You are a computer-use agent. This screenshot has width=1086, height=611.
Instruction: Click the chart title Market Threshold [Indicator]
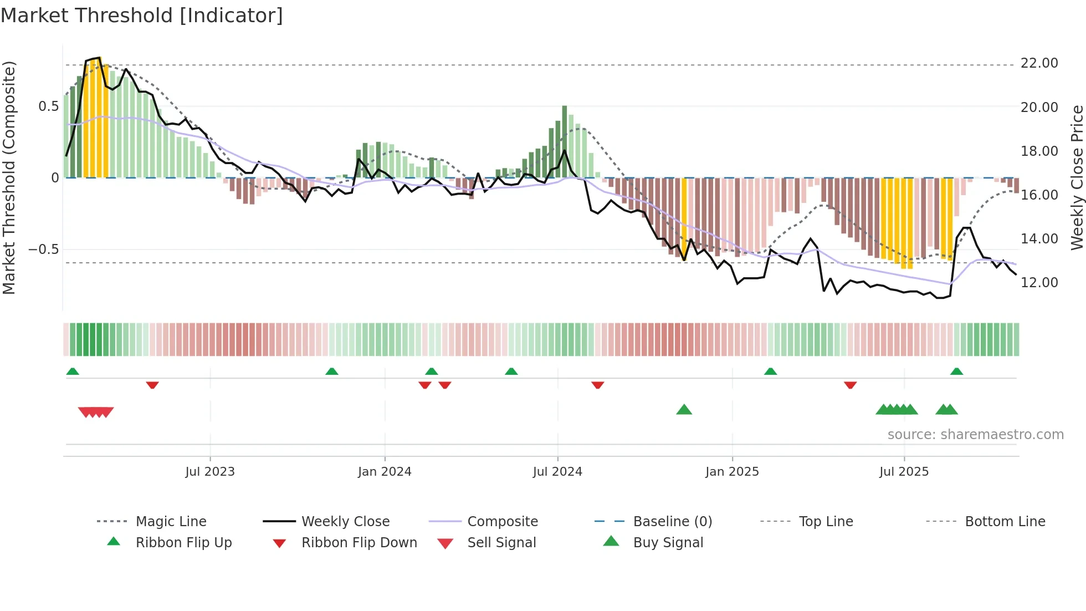click(x=142, y=16)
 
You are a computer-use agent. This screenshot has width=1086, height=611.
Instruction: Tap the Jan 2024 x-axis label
click(x=385, y=472)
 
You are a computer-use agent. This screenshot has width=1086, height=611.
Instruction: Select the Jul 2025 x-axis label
click(x=904, y=472)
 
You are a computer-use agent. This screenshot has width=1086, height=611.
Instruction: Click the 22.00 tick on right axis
click(x=1039, y=63)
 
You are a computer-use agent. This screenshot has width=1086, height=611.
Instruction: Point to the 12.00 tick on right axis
click(x=1039, y=283)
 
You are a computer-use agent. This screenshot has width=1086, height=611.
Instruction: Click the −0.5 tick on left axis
click(x=43, y=250)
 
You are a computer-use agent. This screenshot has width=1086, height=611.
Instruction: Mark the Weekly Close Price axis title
click(x=1077, y=177)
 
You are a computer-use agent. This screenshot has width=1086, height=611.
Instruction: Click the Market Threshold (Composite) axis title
click(x=9, y=177)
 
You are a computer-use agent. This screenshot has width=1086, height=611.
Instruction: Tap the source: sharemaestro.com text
click(x=975, y=435)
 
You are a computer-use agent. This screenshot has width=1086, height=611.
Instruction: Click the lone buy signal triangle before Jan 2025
click(x=684, y=410)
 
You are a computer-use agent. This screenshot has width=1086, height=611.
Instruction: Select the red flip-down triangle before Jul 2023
click(x=152, y=385)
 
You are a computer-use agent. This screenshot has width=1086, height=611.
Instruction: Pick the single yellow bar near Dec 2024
click(x=684, y=216)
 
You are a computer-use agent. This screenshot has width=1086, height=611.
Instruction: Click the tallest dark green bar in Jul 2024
click(x=565, y=141)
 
